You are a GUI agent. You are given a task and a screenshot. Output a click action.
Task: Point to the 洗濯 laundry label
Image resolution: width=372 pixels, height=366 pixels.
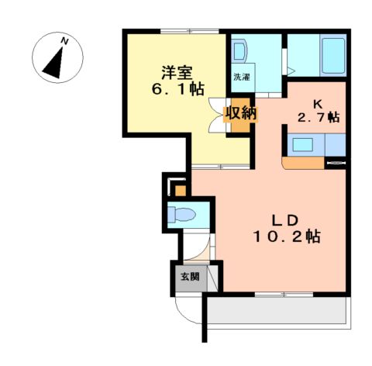242,78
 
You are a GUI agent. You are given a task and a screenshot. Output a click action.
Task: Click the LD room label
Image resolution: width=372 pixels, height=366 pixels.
284,217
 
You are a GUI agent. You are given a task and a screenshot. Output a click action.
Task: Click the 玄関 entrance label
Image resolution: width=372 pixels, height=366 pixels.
190,277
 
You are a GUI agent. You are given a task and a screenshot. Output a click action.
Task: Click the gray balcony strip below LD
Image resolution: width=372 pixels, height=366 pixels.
275,312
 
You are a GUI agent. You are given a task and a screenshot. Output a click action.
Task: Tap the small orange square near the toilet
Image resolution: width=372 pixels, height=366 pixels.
180,189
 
